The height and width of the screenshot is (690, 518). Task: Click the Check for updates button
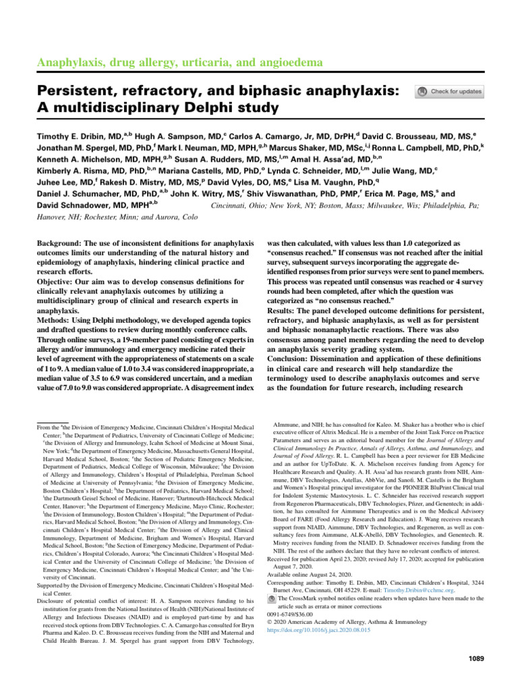pyautogui.click(x=450, y=92)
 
